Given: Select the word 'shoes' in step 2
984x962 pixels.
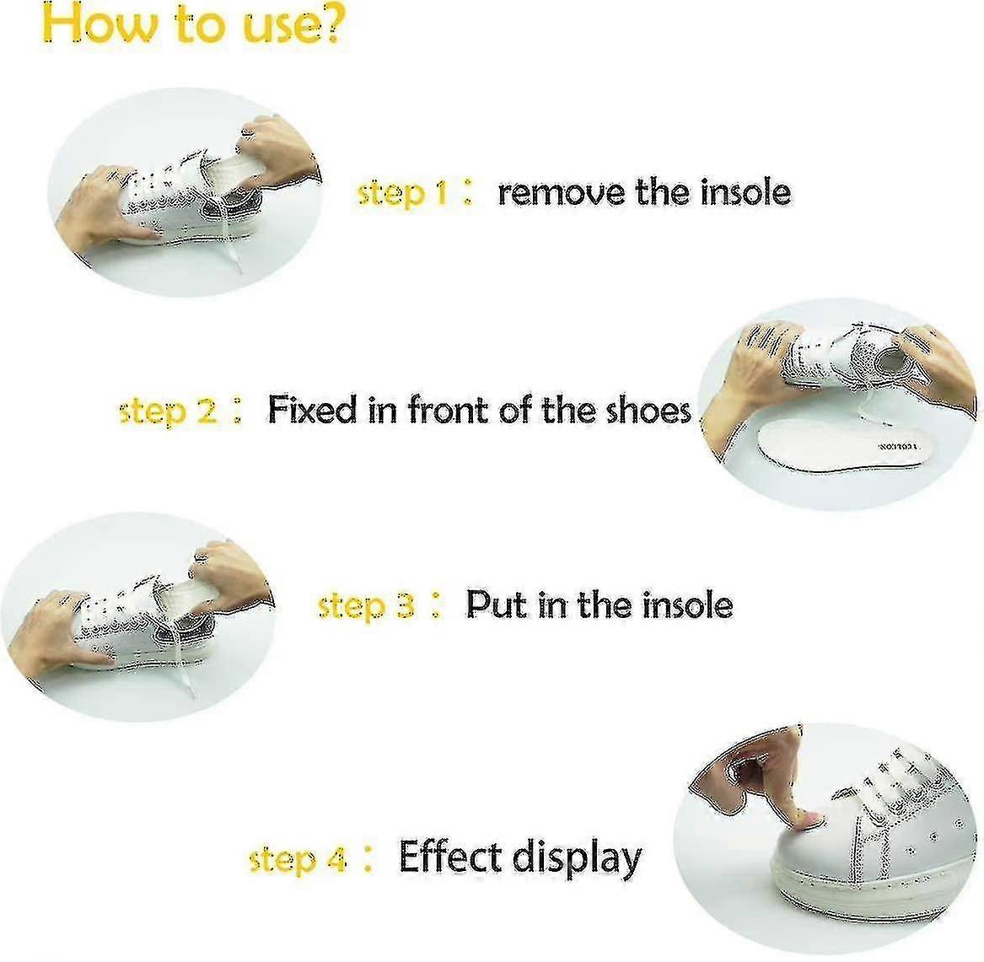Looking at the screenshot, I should (648, 410).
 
